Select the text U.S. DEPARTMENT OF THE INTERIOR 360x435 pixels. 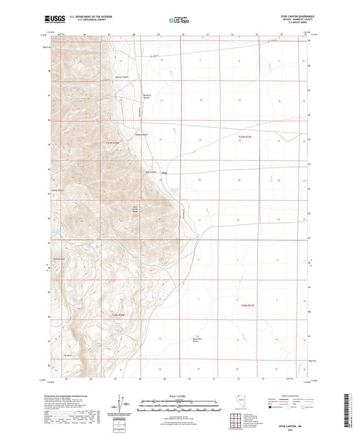click(x=91, y=18)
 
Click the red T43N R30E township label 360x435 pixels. click(x=112, y=143)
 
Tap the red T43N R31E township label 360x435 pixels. click(x=245, y=136)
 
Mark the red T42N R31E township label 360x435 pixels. click(x=249, y=306)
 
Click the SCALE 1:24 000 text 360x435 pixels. click(x=180, y=395)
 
